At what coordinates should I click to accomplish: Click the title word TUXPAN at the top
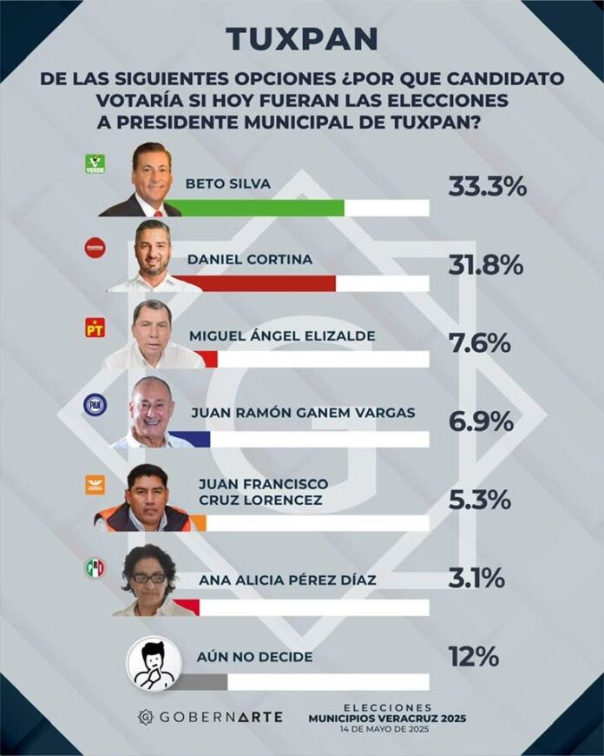coord(302,39)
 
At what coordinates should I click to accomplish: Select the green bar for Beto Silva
coord(260,208)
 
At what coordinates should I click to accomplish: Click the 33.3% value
coord(487,186)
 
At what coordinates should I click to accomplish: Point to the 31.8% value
coord(485,264)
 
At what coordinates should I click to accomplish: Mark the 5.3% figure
coord(480,501)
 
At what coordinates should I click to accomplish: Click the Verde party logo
coord(95,164)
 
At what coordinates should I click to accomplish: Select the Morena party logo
coord(95,249)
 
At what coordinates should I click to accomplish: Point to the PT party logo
coord(95,328)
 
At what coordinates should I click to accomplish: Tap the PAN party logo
coord(95,405)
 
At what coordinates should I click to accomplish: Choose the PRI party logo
coord(95,568)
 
